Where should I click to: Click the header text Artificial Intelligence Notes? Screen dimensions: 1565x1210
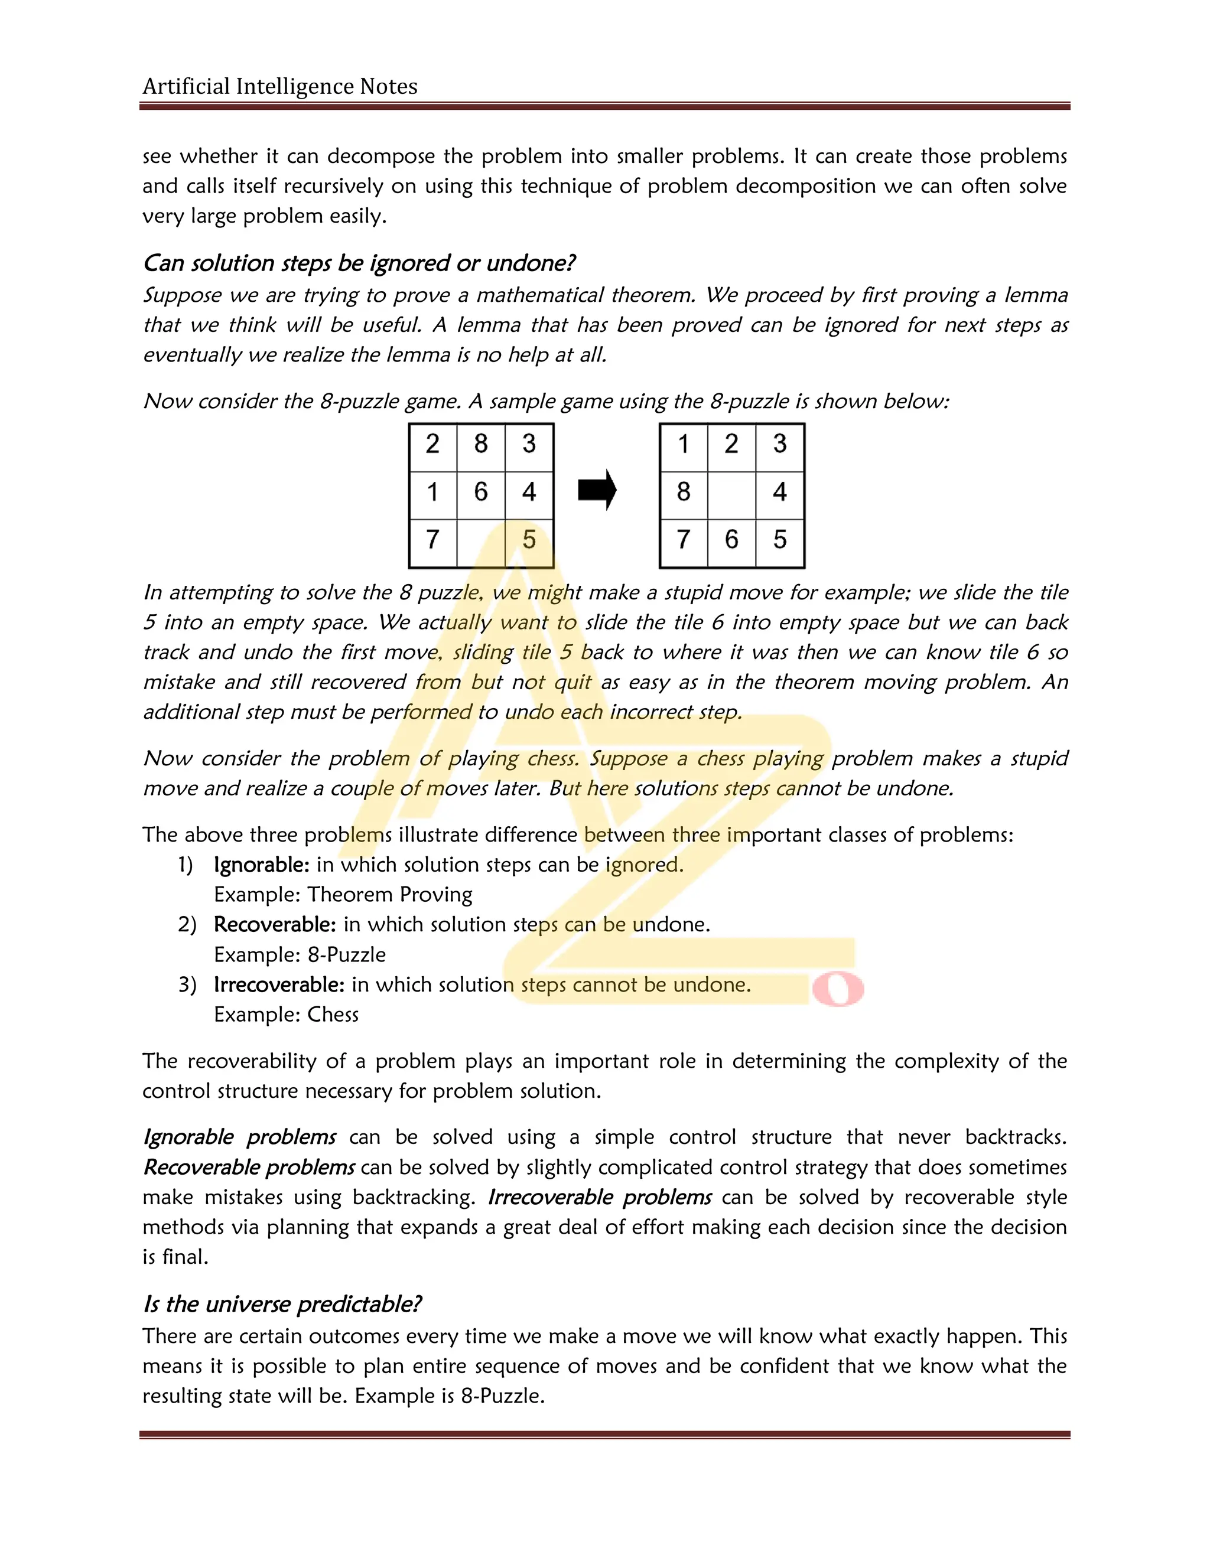click(x=279, y=87)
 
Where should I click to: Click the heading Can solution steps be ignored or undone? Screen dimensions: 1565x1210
click(x=359, y=263)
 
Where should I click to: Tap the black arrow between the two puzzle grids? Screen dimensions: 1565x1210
click(x=596, y=490)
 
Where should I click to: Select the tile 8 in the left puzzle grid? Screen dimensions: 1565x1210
click(x=480, y=444)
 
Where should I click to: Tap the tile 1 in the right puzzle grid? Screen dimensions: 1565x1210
click(x=683, y=444)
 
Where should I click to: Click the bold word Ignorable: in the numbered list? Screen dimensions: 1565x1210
click(x=262, y=865)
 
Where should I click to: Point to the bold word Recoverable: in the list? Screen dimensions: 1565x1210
click(x=275, y=924)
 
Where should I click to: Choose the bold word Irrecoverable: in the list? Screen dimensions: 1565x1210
click(x=279, y=984)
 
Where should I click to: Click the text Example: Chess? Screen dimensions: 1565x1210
click(x=286, y=1015)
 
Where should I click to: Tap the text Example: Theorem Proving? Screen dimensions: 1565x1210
click(x=343, y=895)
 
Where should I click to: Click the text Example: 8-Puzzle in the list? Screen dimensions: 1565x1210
click(x=300, y=954)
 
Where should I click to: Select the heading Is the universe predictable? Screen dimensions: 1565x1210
click(x=282, y=1303)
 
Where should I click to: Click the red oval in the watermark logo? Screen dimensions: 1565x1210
click(x=837, y=990)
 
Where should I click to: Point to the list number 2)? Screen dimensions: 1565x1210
click(x=187, y=924)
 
